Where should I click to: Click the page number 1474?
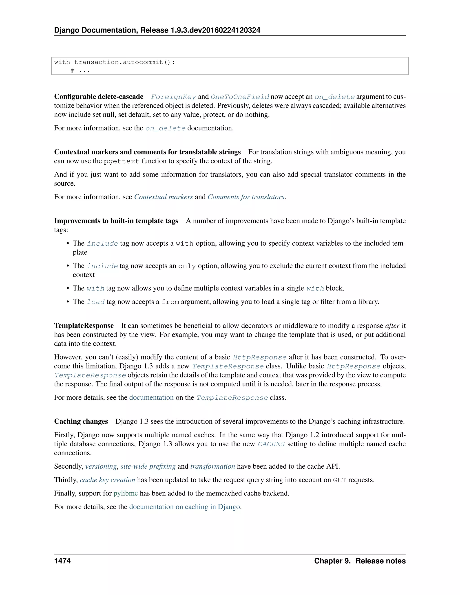[x=62, y=561]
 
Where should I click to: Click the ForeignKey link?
[x=173, y=97]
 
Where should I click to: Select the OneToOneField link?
[x=240, y=97]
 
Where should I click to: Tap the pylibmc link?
[x=126, y=493]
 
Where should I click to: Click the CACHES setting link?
[x=271, y=444]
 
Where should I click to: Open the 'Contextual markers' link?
[x=164, y=197]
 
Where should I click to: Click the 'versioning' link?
[x=101, y=466]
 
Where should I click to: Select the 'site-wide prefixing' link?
[x=148, y=466]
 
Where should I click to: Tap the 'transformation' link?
[x=212, y=466]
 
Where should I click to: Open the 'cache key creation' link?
[x=107, y=480]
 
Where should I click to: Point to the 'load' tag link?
[x=96, y=302]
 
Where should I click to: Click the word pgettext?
[x=122, y=161]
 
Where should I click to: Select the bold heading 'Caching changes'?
[x=81, y=421]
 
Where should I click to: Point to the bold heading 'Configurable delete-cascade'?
[x=99, y=97]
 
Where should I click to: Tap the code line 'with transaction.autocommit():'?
[x=115, y=62]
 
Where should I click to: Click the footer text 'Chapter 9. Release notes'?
[x=360, y=561]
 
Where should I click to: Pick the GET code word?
[x=340, y=480]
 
